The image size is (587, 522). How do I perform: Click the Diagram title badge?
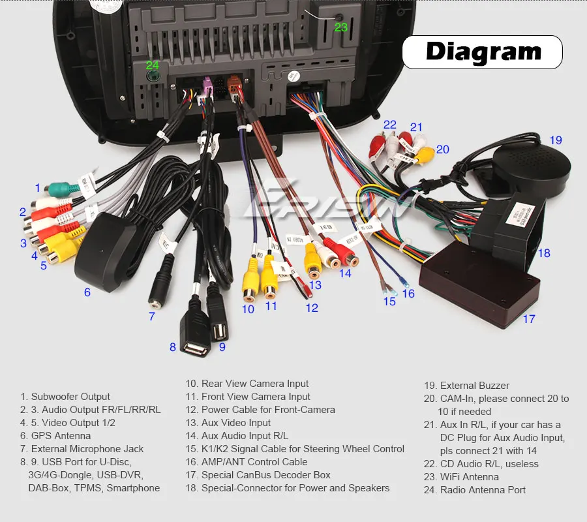[x=482, y=52]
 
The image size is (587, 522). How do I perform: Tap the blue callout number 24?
[x=152, y=65]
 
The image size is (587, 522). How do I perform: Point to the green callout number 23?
[x=341, y=27]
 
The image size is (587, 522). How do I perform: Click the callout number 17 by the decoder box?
[x=528, y=319]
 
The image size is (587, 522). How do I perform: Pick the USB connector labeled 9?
[x=217, y=320]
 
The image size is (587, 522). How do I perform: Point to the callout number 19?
[x=555, y=140]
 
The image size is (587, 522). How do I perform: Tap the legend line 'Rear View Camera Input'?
[x=247, y=384]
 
